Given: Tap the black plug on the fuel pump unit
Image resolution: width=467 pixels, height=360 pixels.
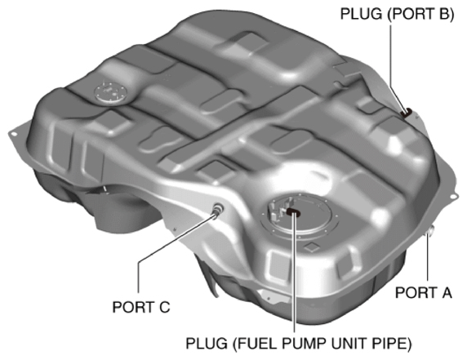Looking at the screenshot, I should pos(292,213).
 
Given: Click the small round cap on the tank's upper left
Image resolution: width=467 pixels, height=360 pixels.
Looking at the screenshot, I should pos(106,89).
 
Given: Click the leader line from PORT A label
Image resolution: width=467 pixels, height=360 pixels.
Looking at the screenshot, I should pos(427,261).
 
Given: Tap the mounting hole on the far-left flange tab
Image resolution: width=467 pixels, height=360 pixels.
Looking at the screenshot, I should pos(13,129).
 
